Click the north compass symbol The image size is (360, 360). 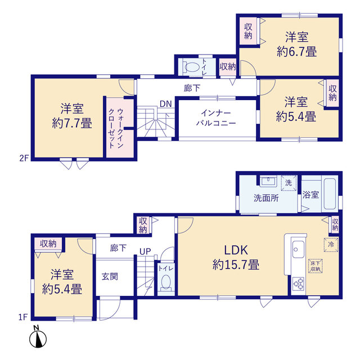coord(38,337)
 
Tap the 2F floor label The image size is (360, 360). coord(24,158)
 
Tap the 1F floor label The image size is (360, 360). coord(23,317)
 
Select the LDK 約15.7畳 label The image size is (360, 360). coord(236,258)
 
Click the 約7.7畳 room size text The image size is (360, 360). coord(72,123)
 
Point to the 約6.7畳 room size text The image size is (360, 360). coord(297,51)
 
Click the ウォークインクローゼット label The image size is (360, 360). coord(116,128)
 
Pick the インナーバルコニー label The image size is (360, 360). coord(216,118)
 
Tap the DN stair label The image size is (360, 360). coord(166,104)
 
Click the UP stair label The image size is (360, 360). coord(145,251)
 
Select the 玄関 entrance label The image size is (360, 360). coord(110,277)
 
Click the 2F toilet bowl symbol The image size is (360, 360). coord(191,67)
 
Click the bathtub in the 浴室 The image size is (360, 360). coord(330,194)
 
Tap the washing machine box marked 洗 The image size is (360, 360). coord(289,183)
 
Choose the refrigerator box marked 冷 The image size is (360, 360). coord(331,245)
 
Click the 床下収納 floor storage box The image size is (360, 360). coord(316,266)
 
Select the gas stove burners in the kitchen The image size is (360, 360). coord(299,283)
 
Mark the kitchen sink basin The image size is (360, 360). coord(299,249)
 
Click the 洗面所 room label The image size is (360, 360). coord(266,198)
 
